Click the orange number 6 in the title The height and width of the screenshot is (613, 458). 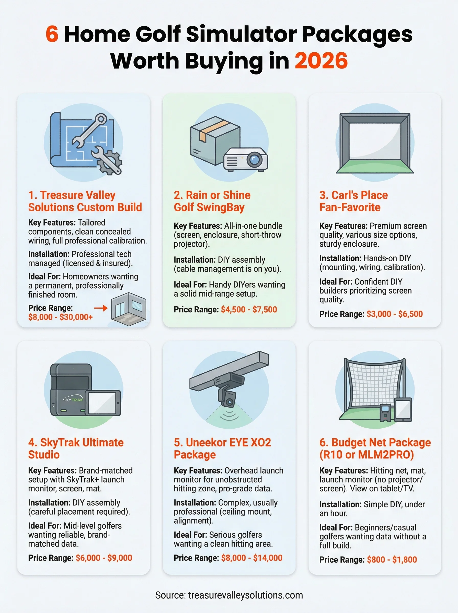tap(52, 34)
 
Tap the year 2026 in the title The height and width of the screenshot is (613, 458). tap(321, 61)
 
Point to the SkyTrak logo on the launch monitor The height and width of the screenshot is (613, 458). tap(73, 400)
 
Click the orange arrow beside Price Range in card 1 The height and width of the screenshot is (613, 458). tap(101, 308)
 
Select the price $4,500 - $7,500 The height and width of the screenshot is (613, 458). tap(249, 309)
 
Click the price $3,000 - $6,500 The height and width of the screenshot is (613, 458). tap(394, 314)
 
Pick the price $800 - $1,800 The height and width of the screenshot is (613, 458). tap(392, 560)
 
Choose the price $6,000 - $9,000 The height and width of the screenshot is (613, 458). tap(104, 558)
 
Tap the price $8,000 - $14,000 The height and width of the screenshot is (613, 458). tap(251, 558)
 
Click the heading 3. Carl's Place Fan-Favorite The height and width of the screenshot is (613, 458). tap(353, 201)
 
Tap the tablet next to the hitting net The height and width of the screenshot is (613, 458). tap(403, 410)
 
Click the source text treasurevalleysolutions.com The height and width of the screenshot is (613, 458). tap(245, 595)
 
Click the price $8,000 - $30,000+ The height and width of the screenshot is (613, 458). tap(60, 317)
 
